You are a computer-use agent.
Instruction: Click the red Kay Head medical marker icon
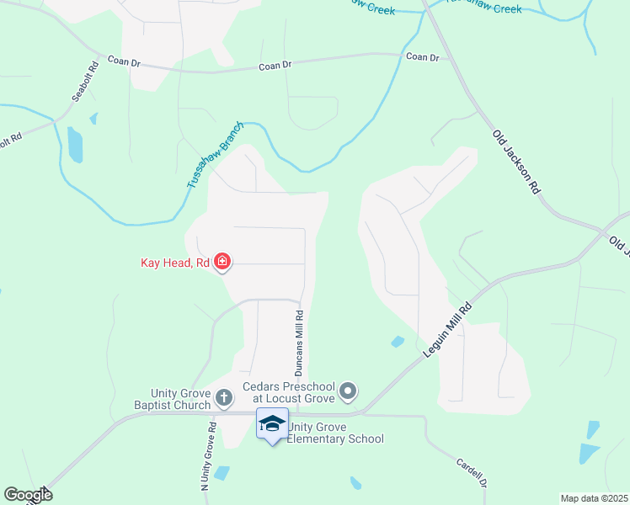(x=222, y=263)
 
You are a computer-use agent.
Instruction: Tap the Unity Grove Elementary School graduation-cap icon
(x=272, y=423)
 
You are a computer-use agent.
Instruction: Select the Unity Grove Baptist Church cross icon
(x=223, y=396)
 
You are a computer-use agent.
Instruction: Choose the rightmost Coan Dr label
(x=423, y=57)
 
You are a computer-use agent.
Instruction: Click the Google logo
(x=28, y=495)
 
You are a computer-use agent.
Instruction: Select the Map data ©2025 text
(x=594, y=498)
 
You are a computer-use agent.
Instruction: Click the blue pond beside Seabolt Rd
(x=76, y=145)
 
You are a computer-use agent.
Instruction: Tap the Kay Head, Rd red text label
(x=174, y=263)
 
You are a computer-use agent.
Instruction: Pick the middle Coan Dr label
(x=275, y=66)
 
